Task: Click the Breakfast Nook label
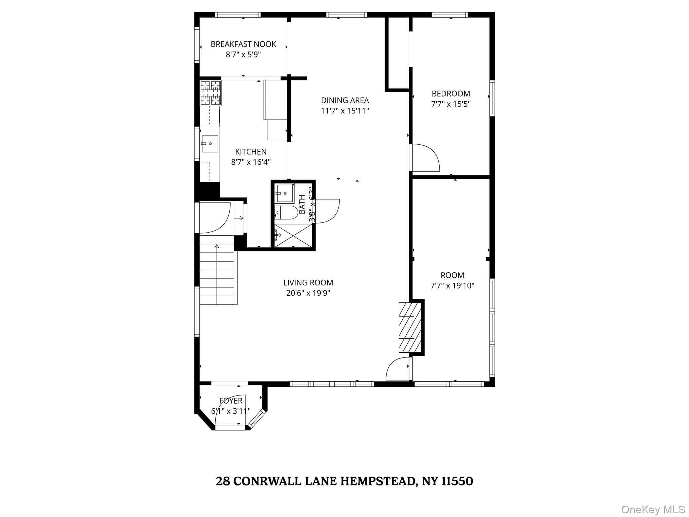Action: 243,44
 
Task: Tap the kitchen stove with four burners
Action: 211,93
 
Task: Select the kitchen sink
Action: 210,144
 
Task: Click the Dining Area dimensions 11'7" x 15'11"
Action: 345,111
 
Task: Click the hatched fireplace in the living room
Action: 410,328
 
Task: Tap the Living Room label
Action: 308,283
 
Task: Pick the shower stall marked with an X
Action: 293,235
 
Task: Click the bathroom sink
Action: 285,193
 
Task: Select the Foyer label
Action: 231,401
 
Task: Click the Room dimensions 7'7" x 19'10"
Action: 452,286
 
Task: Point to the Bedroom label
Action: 451,94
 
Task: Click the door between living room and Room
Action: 398,370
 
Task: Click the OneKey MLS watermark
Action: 653,509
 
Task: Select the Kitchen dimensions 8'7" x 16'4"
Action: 251,162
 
